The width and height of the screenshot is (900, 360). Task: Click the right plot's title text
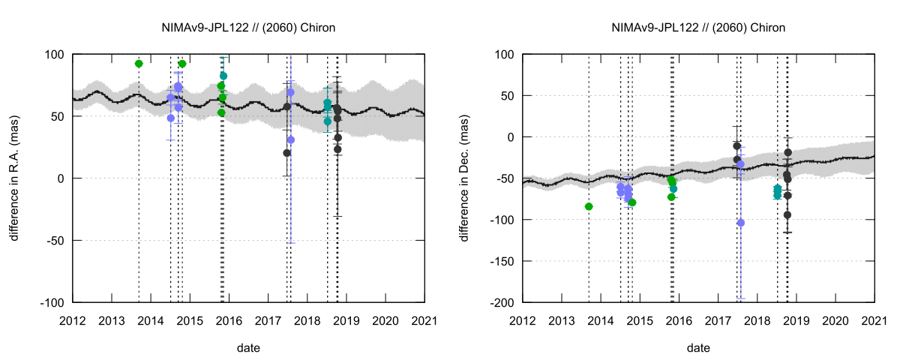click(698, 28)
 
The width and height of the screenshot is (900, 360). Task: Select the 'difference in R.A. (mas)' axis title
click(15, 178)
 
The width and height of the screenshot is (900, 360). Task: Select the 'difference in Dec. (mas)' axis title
click(465, 178)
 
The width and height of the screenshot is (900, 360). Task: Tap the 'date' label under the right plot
click(698, 348)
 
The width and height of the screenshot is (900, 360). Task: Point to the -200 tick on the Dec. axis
click(504, 302)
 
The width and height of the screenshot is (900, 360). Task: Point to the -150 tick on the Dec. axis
click(504, 261)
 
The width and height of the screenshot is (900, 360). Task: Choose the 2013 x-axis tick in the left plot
click(112, 320)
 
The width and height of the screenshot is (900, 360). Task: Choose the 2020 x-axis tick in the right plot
click(835, 320)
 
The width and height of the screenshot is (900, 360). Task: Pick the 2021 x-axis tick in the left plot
click(424, 320)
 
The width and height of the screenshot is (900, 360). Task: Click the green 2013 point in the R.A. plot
click(139, 64)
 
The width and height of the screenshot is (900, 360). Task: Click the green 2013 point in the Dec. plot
click(589, 206)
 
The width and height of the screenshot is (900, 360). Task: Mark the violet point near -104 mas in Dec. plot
click(741, 223)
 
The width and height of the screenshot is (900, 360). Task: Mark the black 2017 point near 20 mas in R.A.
click(287, 153)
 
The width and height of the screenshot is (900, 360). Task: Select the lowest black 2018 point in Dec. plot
click(787, 214)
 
